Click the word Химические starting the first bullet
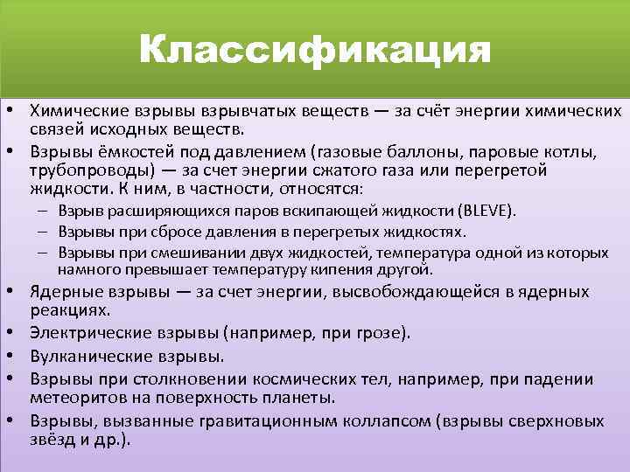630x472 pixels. pos(76,112)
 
